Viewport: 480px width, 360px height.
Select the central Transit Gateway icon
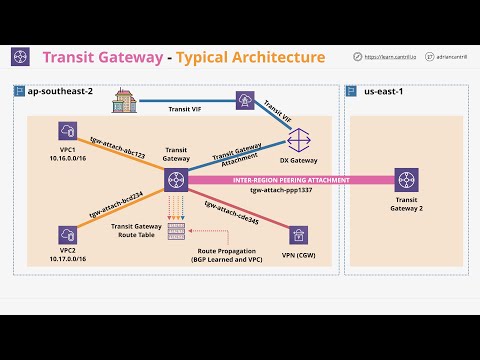177,181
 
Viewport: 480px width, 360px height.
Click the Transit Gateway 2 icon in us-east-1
406,181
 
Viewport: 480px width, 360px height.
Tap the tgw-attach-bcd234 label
117,207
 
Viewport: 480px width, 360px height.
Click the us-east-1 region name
379,91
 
